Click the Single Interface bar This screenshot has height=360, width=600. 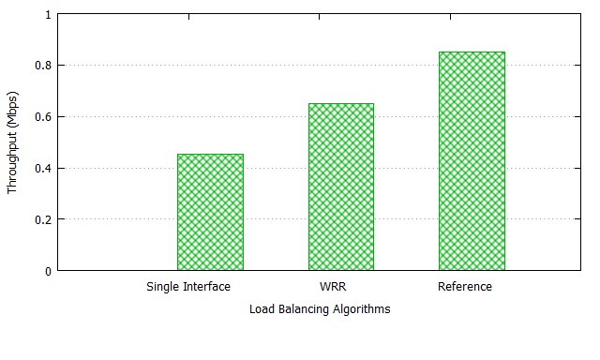coord(210,212)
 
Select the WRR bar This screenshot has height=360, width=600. coord(341,187)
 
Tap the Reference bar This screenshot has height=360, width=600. coord(472,161)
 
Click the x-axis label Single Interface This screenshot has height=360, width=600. coord(188,287)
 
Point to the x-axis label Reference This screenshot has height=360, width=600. coord(464,287)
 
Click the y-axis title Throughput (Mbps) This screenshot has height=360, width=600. coord(13,142)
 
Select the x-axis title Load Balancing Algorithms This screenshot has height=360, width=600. coord(320,308)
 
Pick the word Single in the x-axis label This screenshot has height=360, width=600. coord(164,287)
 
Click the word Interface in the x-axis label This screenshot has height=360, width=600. coord(207,287)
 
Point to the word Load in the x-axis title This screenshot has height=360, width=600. coord(262,308)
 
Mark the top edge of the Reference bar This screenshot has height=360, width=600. coord(472,52)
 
